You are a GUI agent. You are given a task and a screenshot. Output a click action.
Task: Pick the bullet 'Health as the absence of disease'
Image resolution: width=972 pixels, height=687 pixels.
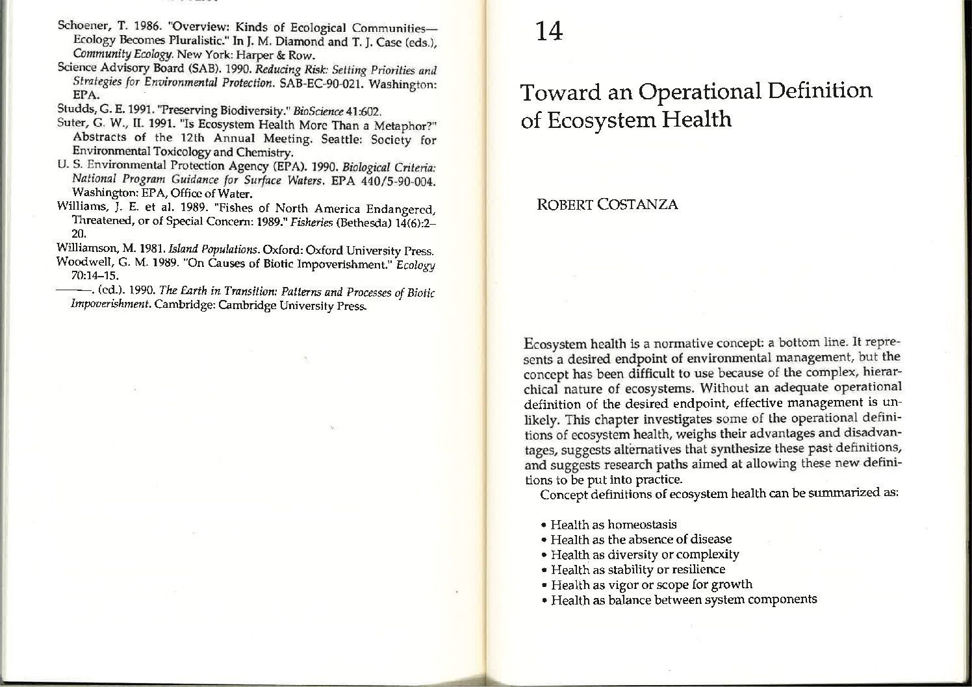(x=641, y=539)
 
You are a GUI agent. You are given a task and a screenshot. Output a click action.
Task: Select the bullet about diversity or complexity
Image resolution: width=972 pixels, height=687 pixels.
(x=645, y=555)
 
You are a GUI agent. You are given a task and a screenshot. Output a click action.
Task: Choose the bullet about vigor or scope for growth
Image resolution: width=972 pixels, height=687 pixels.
(x=651, y=584)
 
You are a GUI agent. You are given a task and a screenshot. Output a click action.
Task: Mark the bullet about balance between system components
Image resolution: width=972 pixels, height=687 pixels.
(x=684, y=599)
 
